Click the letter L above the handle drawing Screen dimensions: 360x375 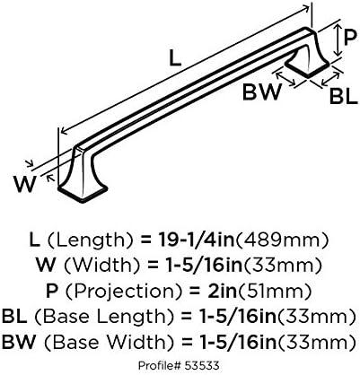175,58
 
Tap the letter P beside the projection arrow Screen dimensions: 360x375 351,38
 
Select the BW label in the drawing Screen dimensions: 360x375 262,92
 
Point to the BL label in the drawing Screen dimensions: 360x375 344,96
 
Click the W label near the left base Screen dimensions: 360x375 25,184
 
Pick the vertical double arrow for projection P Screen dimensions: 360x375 338,40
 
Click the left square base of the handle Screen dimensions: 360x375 83,191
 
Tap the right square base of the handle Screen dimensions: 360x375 307,67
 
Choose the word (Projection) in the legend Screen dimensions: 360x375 120,291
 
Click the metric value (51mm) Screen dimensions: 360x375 275,291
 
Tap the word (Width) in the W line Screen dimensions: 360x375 101,265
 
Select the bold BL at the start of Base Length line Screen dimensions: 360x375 14,316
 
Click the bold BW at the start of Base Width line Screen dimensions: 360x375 19,342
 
